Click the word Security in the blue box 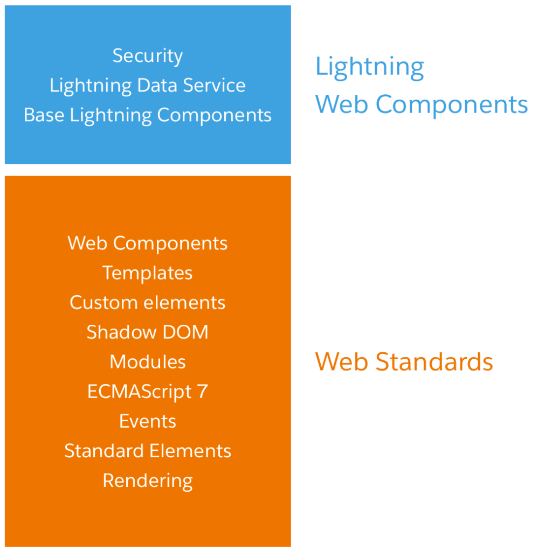(148, 56)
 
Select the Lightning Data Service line (148, 86)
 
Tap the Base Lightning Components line (148, 115)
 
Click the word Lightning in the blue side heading (370, 67)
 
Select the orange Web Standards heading (404, 362)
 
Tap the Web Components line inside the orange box (148, 243)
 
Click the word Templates (148, 273)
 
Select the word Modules (148, 362)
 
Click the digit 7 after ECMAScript (203, 392)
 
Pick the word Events (148, 421)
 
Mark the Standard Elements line (148, 451)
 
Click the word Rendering (148, 480)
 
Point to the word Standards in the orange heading (434, 362)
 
